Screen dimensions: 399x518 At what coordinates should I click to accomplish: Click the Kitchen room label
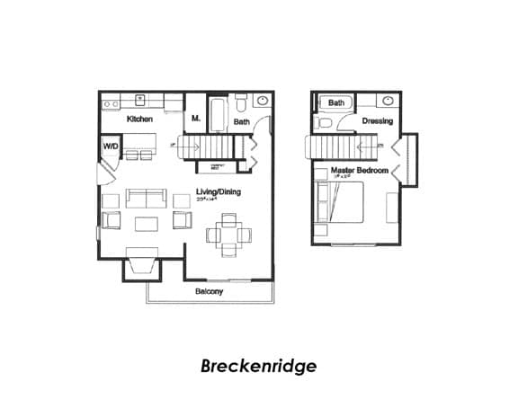pos(139,119)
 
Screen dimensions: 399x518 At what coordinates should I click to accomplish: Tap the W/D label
pos(111,146)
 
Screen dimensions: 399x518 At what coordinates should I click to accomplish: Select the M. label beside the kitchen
pos(195,119)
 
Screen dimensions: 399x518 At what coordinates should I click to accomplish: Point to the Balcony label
pos(210,291)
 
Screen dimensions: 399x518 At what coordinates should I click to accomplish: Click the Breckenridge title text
pos(258,366)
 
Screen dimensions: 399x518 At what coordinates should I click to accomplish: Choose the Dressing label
pos(377,120)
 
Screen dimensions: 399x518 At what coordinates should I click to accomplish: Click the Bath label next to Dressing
pos(335,103)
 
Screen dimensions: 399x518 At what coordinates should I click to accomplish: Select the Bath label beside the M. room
pos(242,120)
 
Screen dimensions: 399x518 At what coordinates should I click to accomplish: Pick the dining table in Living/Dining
pos(226,235)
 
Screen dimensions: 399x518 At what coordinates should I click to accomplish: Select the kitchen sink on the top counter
pos(140,100)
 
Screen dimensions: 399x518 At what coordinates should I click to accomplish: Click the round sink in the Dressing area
pos(388,101)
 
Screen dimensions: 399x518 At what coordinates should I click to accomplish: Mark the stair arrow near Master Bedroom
pos(369,145)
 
